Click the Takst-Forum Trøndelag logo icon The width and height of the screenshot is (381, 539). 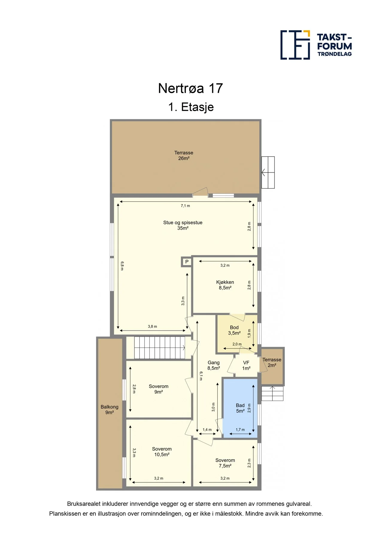(295, 45)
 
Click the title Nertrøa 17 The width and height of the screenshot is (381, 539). (190, 88)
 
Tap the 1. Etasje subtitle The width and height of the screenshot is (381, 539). (191, 107)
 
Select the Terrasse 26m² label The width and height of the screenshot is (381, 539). (184, 155)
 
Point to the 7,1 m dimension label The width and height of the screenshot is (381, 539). (185, 206)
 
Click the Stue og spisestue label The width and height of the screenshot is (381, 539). (183, 222)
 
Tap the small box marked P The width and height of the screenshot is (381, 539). (186, 262)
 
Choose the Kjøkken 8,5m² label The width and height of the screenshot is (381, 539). (225, 285)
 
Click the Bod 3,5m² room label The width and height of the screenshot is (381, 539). (234, 330)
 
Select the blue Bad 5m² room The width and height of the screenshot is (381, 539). (240, 408)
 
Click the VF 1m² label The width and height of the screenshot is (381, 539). (246, 365)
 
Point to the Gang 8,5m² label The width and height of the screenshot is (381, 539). (214, 365)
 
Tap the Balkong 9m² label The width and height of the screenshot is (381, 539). (109, 409)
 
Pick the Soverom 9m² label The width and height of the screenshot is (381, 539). (158, 389)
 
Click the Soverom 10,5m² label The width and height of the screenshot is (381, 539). (162, 452)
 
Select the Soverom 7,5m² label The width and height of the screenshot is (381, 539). (225, 463)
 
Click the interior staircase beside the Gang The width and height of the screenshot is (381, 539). (159, 348)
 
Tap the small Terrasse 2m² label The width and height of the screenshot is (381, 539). (272, 362)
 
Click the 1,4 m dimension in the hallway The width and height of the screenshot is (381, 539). (207, 430)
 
